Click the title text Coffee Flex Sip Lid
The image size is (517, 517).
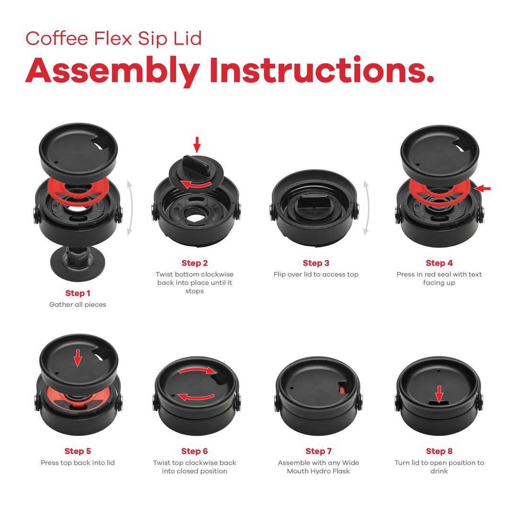click(113, 38)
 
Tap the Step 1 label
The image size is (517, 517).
click(78, 293)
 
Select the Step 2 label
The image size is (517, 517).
click(194, 263)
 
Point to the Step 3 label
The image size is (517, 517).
click(316, 263)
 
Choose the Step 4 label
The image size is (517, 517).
click(439, 263)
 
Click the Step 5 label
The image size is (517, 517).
click(78, 451)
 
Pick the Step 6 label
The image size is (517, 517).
click(194, 451)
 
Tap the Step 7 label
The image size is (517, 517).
click(318, 451)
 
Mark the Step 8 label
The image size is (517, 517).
click(439, 451)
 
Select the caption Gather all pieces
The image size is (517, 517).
click(78, 304)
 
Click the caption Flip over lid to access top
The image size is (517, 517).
click(316, 274)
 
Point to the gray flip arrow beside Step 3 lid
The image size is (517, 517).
click(366, 208)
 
